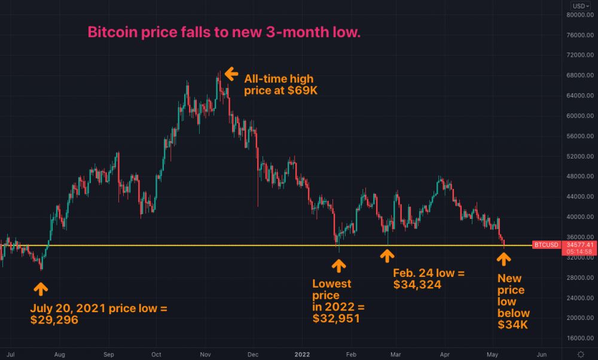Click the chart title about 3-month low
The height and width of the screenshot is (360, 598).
coord(224,32)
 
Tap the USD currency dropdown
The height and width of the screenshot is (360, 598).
coord(581,6)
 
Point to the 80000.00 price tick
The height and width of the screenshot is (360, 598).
coord(580,15)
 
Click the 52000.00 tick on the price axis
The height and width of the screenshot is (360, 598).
coord(580,156)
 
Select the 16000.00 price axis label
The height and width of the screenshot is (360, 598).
coord(580,338)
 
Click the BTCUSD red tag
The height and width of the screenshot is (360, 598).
coord(546,245)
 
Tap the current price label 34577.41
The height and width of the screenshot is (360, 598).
coord(579,245)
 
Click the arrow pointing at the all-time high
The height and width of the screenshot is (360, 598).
coord(231,74)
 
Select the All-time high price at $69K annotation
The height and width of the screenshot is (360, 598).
coord(280,84)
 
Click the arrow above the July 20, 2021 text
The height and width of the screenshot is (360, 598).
coord(41,289)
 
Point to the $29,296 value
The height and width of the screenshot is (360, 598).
coord(54,319)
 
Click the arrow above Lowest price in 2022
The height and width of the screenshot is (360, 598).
coord(338,266)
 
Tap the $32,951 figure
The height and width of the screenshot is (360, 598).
coord(336,318)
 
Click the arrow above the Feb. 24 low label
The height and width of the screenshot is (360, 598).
coord(387,256)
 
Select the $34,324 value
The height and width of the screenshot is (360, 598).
coord(417,285)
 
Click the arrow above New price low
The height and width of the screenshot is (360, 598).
coord(504,260)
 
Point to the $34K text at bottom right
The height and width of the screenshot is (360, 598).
coord(512,325)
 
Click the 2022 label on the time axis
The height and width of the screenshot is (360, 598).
coord(302,355)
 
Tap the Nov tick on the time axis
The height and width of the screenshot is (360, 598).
coord(205,355)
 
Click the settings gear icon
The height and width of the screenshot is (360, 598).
coord(581,354)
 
